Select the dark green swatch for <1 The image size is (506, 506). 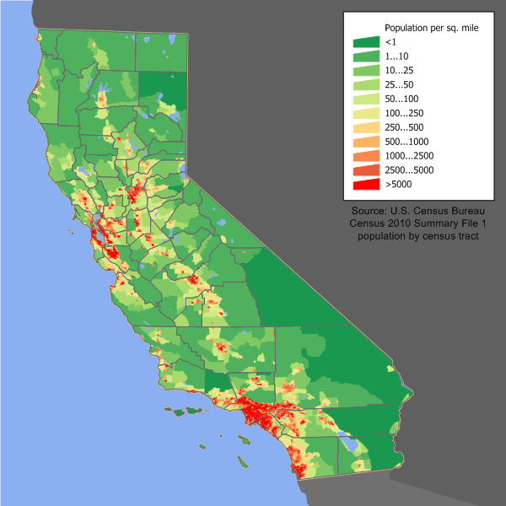click(365, 41)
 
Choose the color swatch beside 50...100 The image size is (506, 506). click(365, 99)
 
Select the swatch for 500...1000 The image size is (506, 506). click(365, 142)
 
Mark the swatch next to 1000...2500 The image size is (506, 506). click(365, 156)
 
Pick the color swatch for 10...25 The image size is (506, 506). click(365, 70)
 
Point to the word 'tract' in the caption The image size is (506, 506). click(468, 237)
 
